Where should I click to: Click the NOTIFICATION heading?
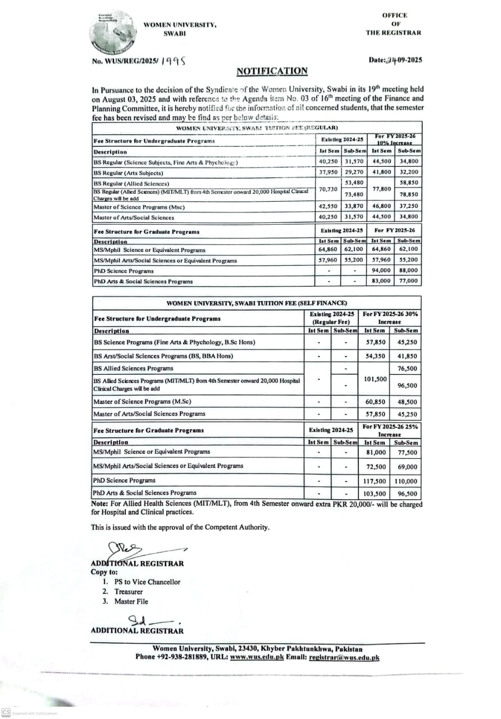(272, 71)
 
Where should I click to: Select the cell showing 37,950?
(327, 172)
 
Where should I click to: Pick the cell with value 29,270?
(354, 172)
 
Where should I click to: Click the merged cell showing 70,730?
(327, 189)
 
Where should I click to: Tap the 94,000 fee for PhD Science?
(381, 270)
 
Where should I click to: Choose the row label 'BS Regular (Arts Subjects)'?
(129, 173)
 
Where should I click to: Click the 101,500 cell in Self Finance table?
(375, 379)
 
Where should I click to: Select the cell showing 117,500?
(375, 481)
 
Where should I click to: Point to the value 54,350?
(375, 356)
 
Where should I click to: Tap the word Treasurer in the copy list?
(129, 591)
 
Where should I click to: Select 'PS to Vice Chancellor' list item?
(147, 582)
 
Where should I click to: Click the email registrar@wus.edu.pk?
(344, 657)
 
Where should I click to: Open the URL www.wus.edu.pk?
(257, 657)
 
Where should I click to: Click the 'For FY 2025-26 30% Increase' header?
(390, 318)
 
